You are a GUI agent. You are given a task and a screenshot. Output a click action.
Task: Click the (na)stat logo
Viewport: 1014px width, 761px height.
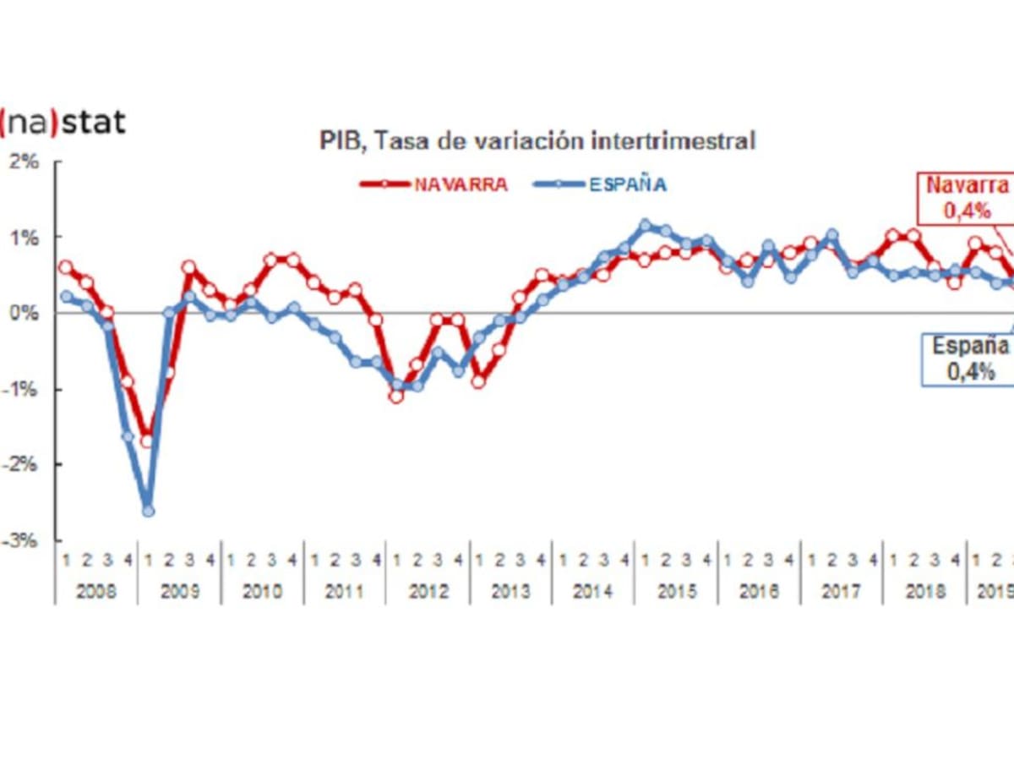[63, 123]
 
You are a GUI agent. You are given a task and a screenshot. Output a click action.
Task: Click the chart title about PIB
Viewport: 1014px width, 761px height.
[537, 141]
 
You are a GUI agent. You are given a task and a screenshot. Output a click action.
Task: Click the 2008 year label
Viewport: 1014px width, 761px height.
[95, 591]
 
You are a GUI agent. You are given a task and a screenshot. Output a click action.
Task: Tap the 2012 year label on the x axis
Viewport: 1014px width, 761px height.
[428, 591]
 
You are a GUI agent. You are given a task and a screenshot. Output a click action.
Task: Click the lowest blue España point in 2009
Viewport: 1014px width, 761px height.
[148, 511]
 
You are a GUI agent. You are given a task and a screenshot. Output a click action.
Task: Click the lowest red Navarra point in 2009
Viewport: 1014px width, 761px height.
[147, 441]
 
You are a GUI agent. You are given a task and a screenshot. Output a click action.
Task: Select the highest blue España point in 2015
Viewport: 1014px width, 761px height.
[646, 225]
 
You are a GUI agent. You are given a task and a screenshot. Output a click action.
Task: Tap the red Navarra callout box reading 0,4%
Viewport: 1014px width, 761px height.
[967, 199]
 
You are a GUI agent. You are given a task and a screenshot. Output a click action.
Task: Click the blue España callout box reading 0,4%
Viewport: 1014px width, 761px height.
[968, 359]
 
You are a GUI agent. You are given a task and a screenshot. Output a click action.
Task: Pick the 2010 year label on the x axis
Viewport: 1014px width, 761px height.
[262, 591]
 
